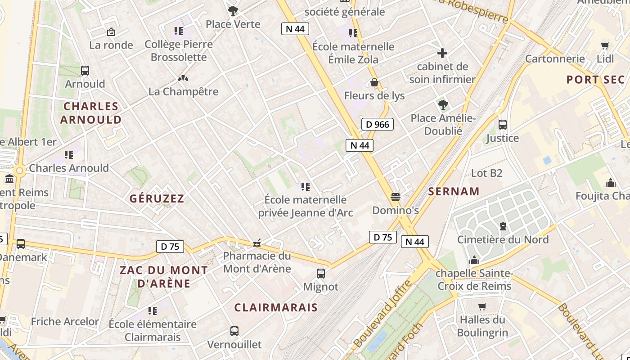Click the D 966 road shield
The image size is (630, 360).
377,124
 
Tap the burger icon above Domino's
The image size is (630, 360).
396,197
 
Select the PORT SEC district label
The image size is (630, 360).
595,80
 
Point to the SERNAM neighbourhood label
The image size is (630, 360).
454,191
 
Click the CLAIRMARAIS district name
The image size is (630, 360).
276,307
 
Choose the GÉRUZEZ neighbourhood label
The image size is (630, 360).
157,198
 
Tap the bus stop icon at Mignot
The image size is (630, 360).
321,273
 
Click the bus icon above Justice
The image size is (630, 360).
503,125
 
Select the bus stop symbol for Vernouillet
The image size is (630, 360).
234,331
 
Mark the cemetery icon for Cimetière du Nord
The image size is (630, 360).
503,226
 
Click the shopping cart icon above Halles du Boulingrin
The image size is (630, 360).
482,306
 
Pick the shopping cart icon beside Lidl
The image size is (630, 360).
605,45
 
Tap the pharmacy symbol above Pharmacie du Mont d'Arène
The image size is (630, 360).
257,243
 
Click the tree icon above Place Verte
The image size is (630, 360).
233,10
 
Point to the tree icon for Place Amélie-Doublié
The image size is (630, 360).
443,105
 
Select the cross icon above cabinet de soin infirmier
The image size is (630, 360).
442,53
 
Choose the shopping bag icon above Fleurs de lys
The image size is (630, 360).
374,82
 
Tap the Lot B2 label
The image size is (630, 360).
486,173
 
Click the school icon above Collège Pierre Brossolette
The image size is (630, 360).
179,31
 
